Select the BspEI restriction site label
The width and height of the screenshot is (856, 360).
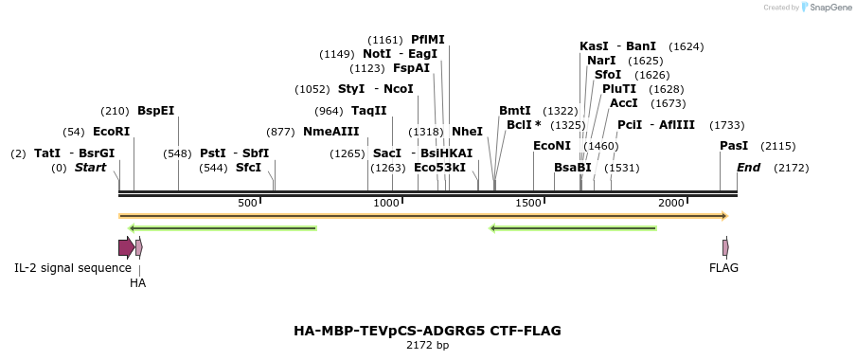tap(156, 110)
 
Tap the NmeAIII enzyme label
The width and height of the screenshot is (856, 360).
tap(331, 131)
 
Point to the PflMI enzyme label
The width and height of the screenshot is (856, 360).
tap(428, 40)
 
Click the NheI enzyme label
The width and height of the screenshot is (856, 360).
tap(467, 131)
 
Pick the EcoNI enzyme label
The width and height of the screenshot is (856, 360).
tap(552, 146)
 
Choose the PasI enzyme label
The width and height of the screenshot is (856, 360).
tap(734, 146)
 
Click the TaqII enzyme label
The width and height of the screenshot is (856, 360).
tap(369, 110)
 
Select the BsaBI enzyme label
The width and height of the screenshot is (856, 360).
tap(573, 168)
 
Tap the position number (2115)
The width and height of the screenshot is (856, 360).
tap(778, 146)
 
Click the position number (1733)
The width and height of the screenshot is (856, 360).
tap(727, 124)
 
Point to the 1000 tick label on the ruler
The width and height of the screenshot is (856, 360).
tap(387, 204)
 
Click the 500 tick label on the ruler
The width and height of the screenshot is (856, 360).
tap(247, 204)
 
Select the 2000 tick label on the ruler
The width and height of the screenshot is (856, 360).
tap(670, 204)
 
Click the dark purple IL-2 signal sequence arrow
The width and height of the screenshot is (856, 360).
tap(125, 247)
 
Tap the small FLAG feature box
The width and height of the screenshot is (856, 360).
tap(725, 247)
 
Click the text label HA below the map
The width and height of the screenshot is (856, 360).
tap(138, 282)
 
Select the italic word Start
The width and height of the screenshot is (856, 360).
tap(91, 168)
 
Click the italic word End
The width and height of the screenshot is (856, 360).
tap(749, 168)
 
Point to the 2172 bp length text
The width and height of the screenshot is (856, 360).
tap(427, 346)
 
